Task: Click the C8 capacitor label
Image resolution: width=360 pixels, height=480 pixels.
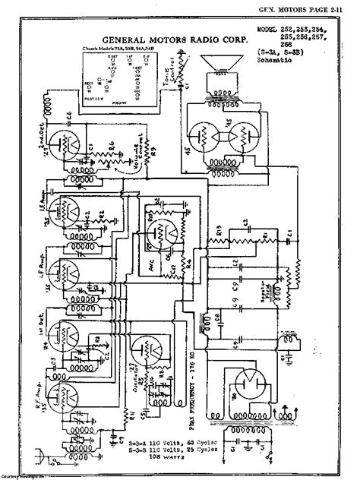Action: click(219, 311)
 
